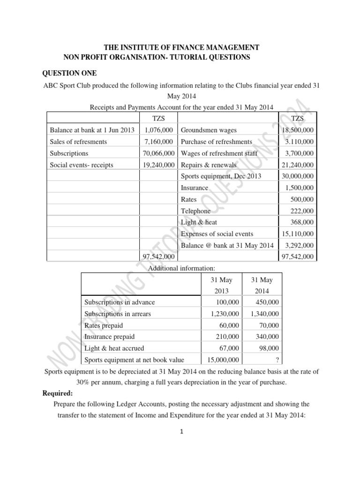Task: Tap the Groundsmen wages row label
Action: click(209, 130)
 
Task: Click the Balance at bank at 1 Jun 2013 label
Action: click(92, 130)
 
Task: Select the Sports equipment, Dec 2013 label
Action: click(221, 176)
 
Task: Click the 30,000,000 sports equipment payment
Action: click(298, 176)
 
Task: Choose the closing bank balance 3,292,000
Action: click(300, 245)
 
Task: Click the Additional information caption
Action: click(181, 268)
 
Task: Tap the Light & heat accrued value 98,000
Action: click(269, 348)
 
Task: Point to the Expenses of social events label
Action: click(217, 234)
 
